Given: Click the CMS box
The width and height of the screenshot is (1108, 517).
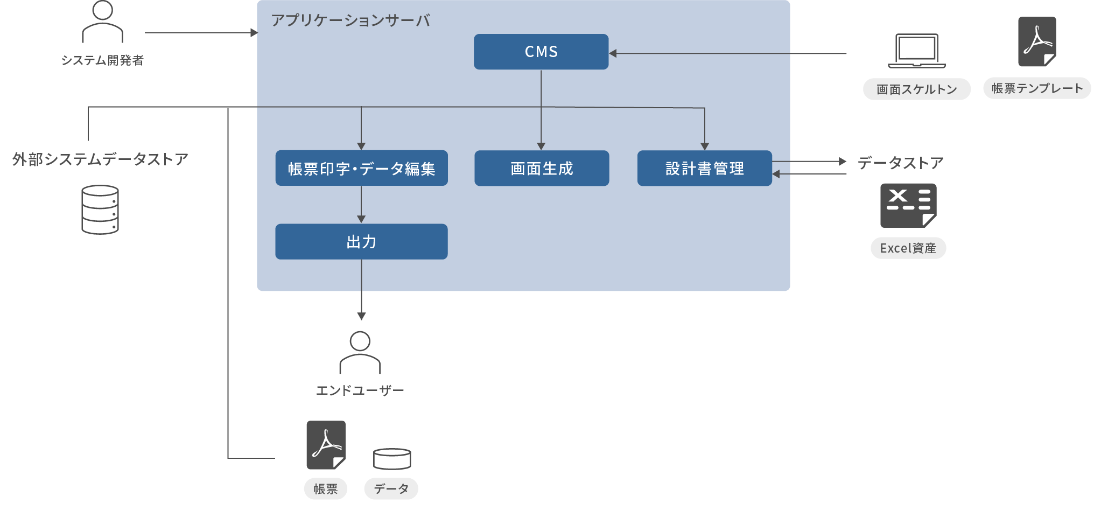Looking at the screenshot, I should [x=541, y=52].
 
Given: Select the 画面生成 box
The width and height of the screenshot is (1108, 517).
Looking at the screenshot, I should [x=542, y=169].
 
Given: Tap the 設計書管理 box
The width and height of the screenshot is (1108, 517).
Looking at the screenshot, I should [x=704, y=169].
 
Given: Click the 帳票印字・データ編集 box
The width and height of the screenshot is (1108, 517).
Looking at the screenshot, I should [x=361, y=169].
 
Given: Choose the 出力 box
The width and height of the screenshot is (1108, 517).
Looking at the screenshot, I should [x=361, y=242].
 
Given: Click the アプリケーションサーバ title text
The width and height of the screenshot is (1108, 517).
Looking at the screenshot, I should [x=350, y=20].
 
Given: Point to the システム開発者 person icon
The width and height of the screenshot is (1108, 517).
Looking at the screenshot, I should [x=102, y=22].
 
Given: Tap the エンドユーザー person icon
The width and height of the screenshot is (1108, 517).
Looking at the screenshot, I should [x=360, y=353].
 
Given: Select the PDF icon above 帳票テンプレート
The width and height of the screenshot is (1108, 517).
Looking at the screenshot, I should [x=1037, y=41].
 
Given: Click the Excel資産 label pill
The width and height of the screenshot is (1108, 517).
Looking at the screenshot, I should [x=908, y=248].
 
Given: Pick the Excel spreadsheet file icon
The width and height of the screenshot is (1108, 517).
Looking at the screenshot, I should [x=908, y=206].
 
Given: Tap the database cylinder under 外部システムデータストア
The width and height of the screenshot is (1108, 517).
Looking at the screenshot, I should [x=100, y=210].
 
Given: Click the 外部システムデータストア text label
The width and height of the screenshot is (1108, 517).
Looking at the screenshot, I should [x=100, y=159].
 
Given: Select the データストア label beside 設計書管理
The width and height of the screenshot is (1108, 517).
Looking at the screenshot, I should [x=900, y=163].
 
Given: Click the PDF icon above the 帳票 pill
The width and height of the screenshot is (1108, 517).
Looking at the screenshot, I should [x=326, y=445].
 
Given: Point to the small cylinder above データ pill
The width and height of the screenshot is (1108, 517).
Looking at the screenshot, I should [x=392, y=459].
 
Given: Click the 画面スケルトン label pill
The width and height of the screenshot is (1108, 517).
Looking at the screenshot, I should [x=916, y=89].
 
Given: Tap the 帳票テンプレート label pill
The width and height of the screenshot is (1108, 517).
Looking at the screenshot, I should [x=1037, y=88].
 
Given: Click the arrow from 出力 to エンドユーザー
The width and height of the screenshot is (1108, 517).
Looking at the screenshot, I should [x=361, y=291].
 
